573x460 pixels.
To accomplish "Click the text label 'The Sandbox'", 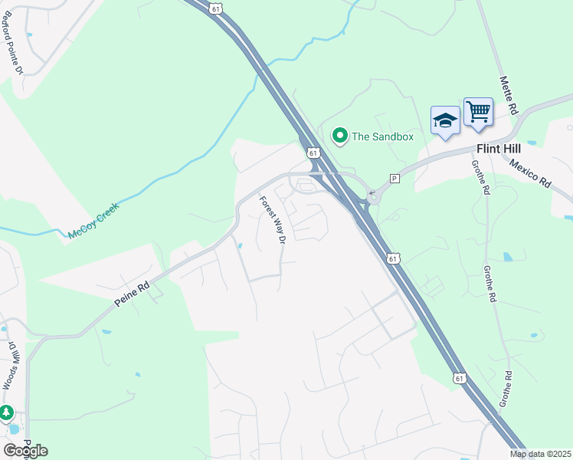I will point(382,136).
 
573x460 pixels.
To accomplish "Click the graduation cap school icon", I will point(445,120).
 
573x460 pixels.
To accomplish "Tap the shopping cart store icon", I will point(478,112).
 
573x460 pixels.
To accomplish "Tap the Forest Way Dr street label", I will point(272,220).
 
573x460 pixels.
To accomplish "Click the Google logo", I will point(25,450).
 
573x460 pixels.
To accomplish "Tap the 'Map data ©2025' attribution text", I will point(541,454).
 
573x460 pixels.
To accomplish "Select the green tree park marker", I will point(7,413).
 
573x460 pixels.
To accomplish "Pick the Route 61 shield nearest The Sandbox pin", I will point(313,153).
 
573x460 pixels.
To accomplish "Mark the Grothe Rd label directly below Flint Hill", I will point(480,177).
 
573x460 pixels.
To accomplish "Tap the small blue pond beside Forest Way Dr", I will point(241,246).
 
